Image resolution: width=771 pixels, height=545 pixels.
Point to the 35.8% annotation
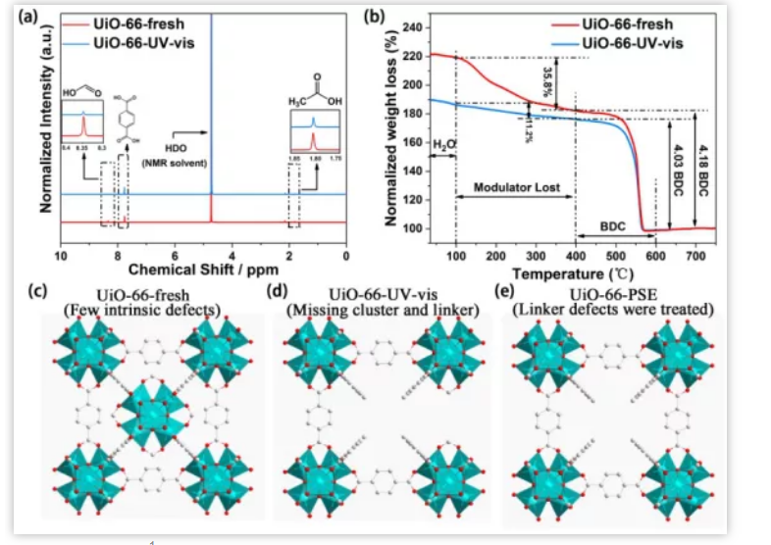[548, 79]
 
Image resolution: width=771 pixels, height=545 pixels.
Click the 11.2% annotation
[529, 125]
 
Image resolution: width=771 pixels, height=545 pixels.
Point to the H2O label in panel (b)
[443, 144]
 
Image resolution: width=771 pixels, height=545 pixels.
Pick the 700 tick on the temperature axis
[694, 256]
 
